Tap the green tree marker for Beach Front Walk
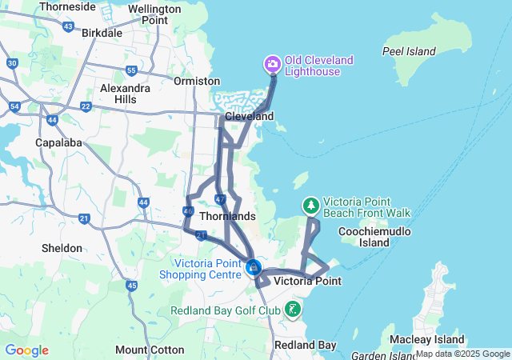pos(311,206)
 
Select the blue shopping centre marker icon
pos(254,267)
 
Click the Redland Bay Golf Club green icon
pos(293,310)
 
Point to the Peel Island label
pos(409,52)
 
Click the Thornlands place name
pos(227,216)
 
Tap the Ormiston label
pos(197,81)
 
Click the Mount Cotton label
pos(144,350)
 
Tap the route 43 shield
pos(68,26)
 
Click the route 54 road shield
pos(15,106)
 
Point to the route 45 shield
pos(131,286)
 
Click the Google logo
pos(26,350)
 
